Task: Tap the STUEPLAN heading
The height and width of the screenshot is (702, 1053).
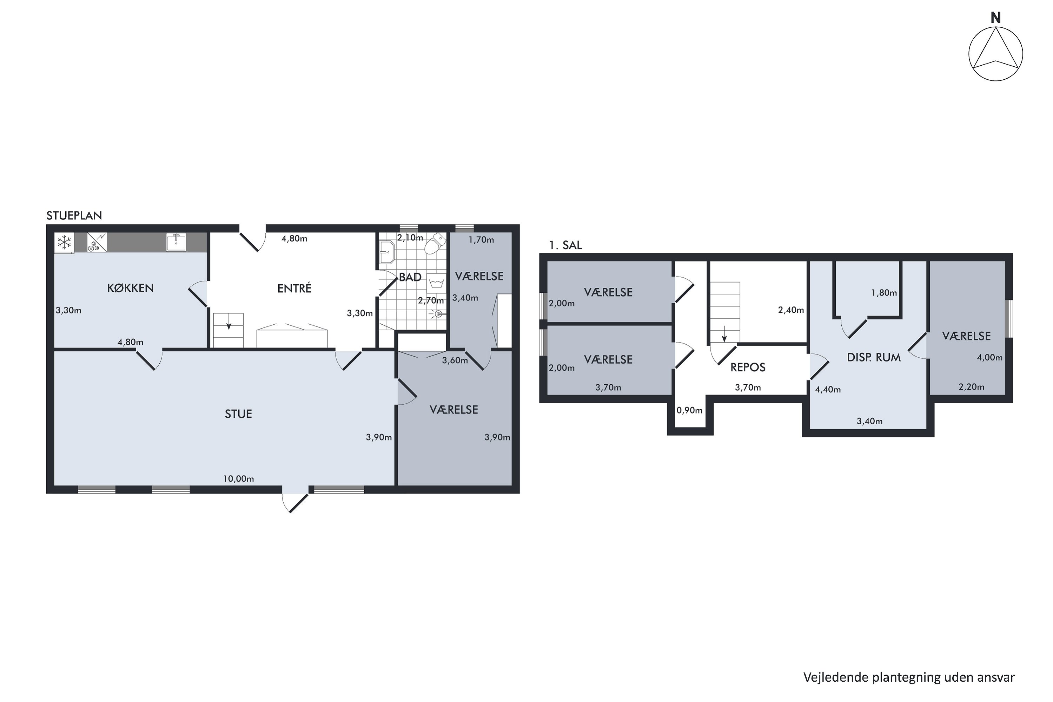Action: click(74, 216)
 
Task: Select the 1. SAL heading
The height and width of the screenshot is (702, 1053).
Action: click(565, 245)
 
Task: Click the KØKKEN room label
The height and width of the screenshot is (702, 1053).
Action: click(130, 288)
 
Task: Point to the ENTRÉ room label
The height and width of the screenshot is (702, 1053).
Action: click(294, 288)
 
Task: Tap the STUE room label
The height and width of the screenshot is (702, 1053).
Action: click(238, 414)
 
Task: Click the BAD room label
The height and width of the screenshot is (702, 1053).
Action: click(410, 277)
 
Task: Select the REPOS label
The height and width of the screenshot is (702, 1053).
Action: click(748, 367)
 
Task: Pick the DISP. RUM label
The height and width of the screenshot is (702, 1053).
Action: click(874, 357)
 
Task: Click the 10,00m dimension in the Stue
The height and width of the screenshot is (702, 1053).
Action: click(239, 479)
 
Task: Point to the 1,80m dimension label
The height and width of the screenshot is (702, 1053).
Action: click(884, 293)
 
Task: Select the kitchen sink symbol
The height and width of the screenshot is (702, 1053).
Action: click(176, 242)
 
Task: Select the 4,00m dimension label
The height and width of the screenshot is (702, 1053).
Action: click(989, 357)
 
